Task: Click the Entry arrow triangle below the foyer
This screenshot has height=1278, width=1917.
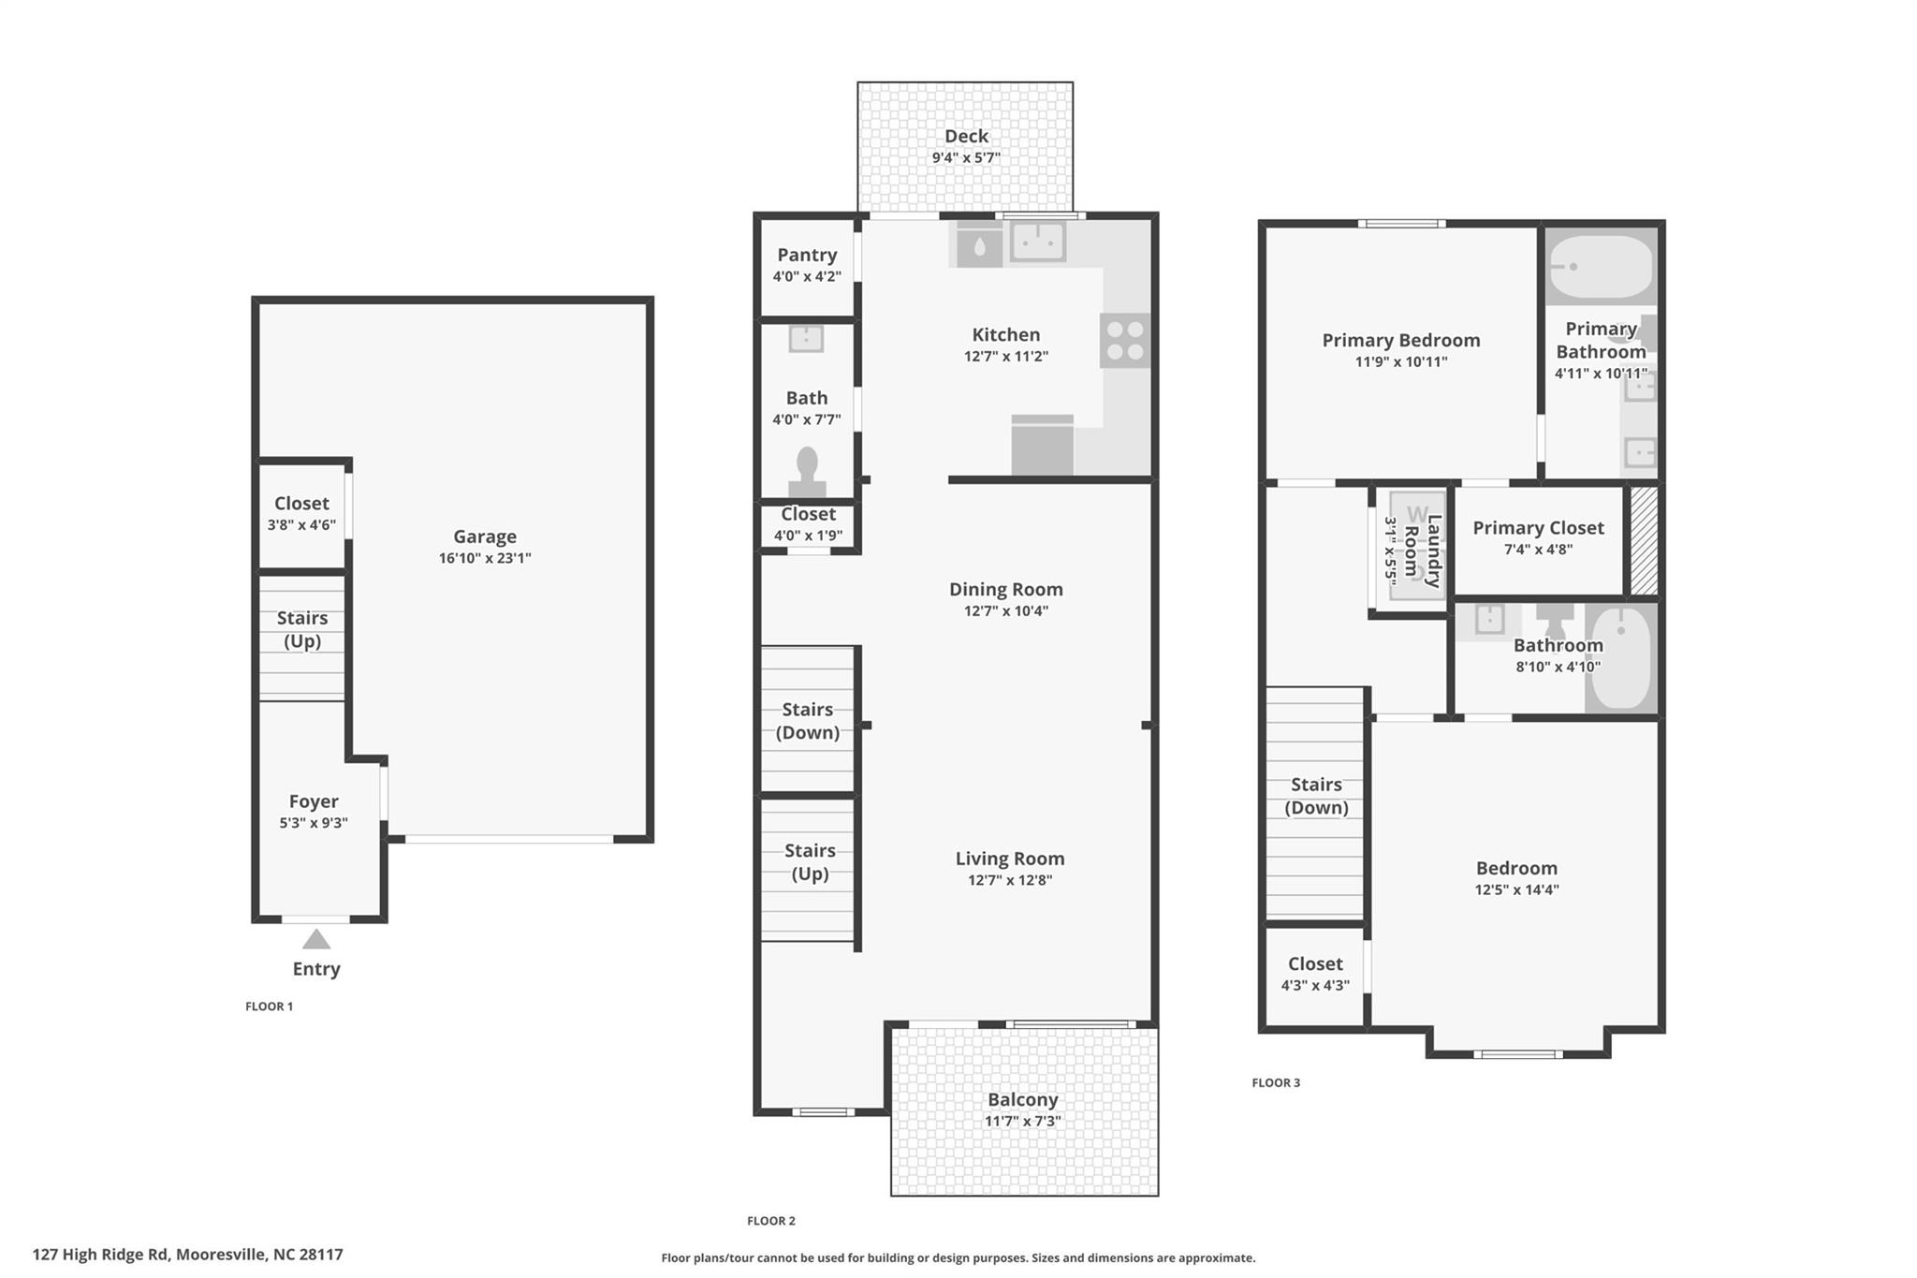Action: (316, 939)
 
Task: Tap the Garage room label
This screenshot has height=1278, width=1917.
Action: (485, 536)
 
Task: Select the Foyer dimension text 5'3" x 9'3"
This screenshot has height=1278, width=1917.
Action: (314, 823)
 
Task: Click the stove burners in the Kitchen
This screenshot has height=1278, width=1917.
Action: (1125, 341)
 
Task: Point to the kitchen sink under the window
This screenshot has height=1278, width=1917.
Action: (1038, 243)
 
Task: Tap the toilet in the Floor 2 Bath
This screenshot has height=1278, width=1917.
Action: (807, 471)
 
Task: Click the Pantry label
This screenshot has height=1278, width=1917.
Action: (807, 255)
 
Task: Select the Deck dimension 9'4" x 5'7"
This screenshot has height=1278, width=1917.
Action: (966, 158)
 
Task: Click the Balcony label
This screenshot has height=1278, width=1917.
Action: (1022, 1100)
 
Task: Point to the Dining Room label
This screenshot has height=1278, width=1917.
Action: (1006, 589)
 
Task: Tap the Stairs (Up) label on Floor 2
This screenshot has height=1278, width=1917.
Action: (810, 861)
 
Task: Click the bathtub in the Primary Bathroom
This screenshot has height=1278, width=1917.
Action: (1601, 267)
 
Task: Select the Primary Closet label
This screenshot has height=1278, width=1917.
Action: (1538, 528)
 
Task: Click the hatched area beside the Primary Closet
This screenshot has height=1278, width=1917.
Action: (1644, 540)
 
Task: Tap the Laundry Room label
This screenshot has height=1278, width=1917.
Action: (1423, 551)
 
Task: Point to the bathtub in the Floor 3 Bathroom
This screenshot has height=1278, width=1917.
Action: (1621, 658)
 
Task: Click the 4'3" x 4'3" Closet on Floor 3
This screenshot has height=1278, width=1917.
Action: (1315, 974)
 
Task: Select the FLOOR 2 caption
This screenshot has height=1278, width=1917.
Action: (771, 1221)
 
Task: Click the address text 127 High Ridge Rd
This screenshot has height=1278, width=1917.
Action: (187, 1255)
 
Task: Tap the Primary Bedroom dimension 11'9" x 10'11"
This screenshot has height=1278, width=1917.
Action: (1401, 362)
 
